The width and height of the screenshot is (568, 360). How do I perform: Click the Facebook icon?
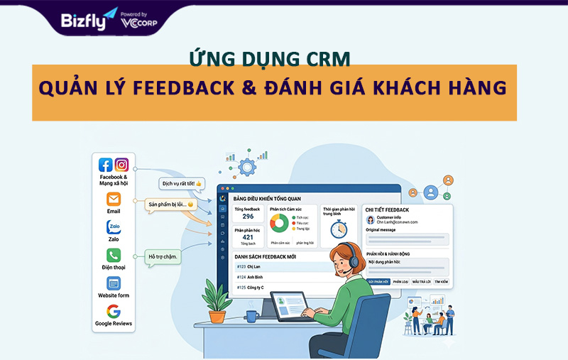(106, 165)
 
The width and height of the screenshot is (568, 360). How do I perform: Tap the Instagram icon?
(122, 165)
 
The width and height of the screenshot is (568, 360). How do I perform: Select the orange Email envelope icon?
(114, 199)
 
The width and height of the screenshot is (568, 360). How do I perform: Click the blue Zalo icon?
(114, 227)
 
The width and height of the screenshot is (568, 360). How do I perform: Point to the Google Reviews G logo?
(114, 311)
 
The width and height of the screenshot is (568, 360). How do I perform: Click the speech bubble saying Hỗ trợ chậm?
(163, 256)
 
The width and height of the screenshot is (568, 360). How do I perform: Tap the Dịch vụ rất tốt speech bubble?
(181, 183)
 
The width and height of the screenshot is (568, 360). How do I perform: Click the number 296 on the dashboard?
(248, 216)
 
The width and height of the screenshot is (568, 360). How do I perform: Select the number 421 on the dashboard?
(248, 237)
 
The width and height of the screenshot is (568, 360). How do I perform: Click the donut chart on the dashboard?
(279, 224)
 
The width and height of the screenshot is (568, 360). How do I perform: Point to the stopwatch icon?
(339, 228)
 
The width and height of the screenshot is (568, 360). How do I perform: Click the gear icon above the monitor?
(246, 168)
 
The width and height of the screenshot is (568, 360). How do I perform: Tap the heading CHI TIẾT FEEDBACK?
(387, 210)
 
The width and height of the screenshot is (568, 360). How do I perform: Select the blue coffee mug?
(252, 315)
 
